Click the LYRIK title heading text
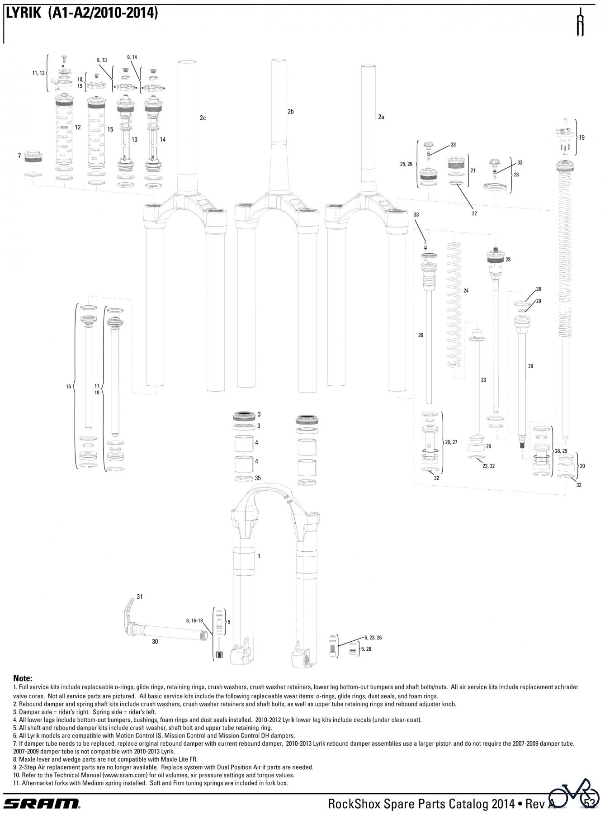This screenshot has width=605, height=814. tap(81, 14)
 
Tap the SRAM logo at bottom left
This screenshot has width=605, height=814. tap(42, 803)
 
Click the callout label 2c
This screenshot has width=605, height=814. tap(203, 118)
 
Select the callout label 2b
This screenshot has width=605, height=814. tap(291, 111)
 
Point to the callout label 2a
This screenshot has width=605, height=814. tap(381, 117)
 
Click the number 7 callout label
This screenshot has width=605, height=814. tap(19, 156)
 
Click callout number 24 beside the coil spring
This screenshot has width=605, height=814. tap(466, 290)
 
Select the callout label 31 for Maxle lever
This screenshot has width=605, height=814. tap(140, 596)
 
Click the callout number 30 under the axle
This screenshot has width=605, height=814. tap(155, 641)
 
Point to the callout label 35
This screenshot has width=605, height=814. tap(258, 478)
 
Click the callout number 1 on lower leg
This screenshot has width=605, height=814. tap(259, 556)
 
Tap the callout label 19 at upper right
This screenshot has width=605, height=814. tap(581, 137)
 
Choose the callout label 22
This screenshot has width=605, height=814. tap(474, 213)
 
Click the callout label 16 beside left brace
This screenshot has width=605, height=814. tap(69, 387)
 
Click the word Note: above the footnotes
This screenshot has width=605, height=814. tap(23, 678)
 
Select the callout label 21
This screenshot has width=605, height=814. tap(473, 170)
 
